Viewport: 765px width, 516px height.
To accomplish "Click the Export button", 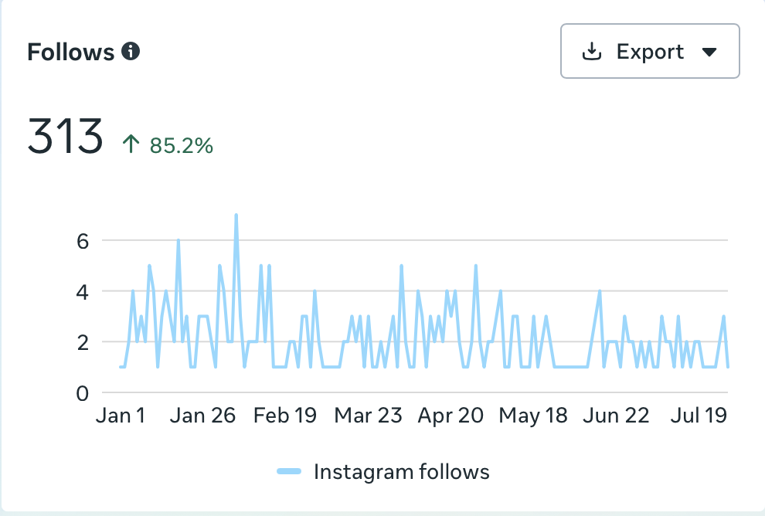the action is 650,51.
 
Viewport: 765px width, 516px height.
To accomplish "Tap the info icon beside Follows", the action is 131,51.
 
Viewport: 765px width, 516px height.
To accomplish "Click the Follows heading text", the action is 71,52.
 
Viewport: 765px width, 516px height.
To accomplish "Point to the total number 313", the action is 65,136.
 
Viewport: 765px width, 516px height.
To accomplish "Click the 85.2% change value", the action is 181,145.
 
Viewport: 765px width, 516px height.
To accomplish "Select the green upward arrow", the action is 131,144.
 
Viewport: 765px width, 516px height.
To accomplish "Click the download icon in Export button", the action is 592,51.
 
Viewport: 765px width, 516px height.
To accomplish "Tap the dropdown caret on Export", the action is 709,52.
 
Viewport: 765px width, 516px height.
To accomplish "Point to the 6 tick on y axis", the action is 83,242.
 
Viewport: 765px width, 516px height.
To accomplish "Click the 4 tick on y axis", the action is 83,292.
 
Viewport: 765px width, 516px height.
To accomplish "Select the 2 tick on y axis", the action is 83,343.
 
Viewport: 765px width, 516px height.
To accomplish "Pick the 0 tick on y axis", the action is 83,394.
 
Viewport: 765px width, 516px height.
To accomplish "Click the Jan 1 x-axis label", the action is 121,416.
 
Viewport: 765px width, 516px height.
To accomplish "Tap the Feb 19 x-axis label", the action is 285,416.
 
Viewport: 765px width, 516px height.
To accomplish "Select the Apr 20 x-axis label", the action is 450,416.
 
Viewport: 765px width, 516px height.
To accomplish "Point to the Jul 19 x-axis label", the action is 699,416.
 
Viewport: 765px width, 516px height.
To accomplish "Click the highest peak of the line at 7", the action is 236,215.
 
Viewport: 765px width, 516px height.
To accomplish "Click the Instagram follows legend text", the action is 402,472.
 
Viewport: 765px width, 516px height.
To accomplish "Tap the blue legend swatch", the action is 289,471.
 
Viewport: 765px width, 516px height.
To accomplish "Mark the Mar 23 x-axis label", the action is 368,416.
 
